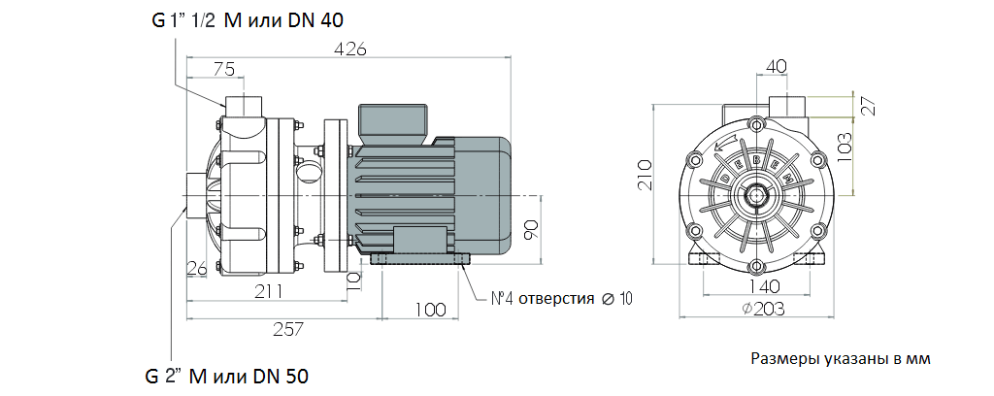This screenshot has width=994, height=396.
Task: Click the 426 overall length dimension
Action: click(x=350, y=49)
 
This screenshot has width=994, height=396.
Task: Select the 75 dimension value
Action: click(x=224, y=69)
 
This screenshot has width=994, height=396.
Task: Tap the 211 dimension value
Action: click(x=269, y=291)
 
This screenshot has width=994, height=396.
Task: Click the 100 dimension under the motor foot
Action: click(x=430, y=310)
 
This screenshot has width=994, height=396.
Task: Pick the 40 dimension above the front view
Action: click(x=777, y=66)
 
